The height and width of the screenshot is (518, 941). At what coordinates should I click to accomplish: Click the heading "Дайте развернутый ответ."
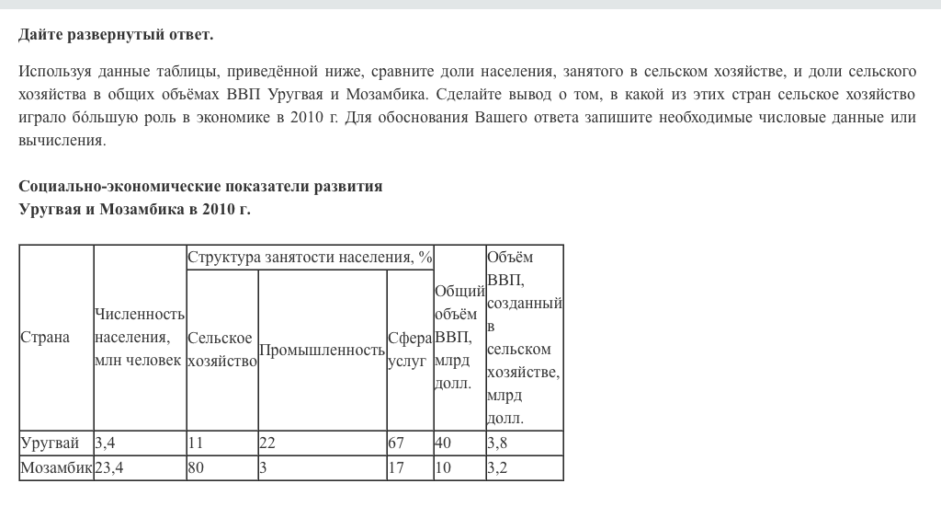tap(116, 35)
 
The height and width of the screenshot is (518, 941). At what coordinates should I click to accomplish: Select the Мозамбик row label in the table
tap(56, 468)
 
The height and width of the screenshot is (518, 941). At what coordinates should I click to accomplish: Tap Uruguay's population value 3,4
tap(105, 443)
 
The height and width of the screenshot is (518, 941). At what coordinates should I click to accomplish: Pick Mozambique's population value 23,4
tap(108, 468)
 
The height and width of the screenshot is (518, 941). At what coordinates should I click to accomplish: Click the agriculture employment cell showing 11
tap(195, 443)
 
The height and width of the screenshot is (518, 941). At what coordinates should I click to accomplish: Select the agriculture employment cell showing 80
tap(196, 468)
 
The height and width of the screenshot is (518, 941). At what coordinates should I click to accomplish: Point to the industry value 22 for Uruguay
tap(267, 443)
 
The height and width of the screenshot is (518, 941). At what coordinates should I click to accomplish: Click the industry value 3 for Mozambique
tap(264, 468)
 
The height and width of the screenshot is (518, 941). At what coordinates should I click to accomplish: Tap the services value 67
tap(396, 443)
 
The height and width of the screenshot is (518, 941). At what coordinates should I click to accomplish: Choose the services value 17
tap(396, 468)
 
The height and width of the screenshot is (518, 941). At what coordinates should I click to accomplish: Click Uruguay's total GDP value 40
tap(443, 443)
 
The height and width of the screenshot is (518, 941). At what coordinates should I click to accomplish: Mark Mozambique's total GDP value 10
tap(443, 468)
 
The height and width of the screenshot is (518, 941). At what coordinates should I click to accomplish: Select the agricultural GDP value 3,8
tap(497, 443)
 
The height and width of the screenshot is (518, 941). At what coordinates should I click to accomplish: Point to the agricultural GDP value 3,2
tap(497, 468)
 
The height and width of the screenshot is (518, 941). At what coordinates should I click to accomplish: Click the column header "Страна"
tap(45, 338)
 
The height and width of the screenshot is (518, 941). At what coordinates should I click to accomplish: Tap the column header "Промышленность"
tap(322, 350)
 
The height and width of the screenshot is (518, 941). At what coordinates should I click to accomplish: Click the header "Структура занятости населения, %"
tap(310, 258)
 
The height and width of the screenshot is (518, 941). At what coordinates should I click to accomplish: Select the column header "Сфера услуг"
tap(409, 350)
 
